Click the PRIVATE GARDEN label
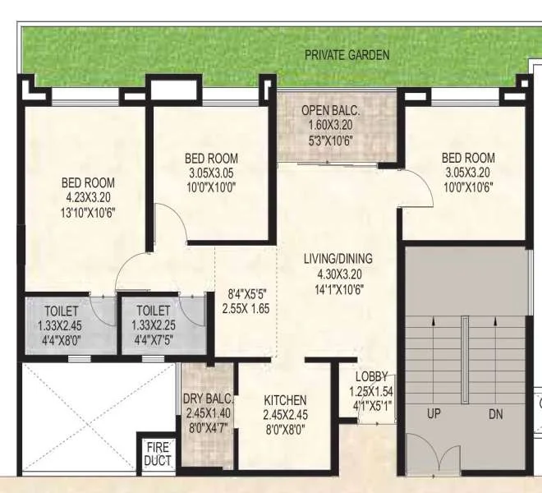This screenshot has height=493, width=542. point(347,55)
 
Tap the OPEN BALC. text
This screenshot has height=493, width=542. point(331,111)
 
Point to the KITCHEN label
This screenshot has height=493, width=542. point(286,400)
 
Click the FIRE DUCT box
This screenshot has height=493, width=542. point(157,454)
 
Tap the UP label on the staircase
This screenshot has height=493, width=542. point(434,415)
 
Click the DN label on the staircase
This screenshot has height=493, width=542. point(496,415)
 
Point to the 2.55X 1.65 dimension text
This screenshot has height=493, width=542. point(246,308)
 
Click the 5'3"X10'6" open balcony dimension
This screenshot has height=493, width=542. point(331,139)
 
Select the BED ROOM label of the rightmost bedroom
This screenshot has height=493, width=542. point(468,158)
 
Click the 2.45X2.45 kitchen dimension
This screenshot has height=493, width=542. point(286,414)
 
